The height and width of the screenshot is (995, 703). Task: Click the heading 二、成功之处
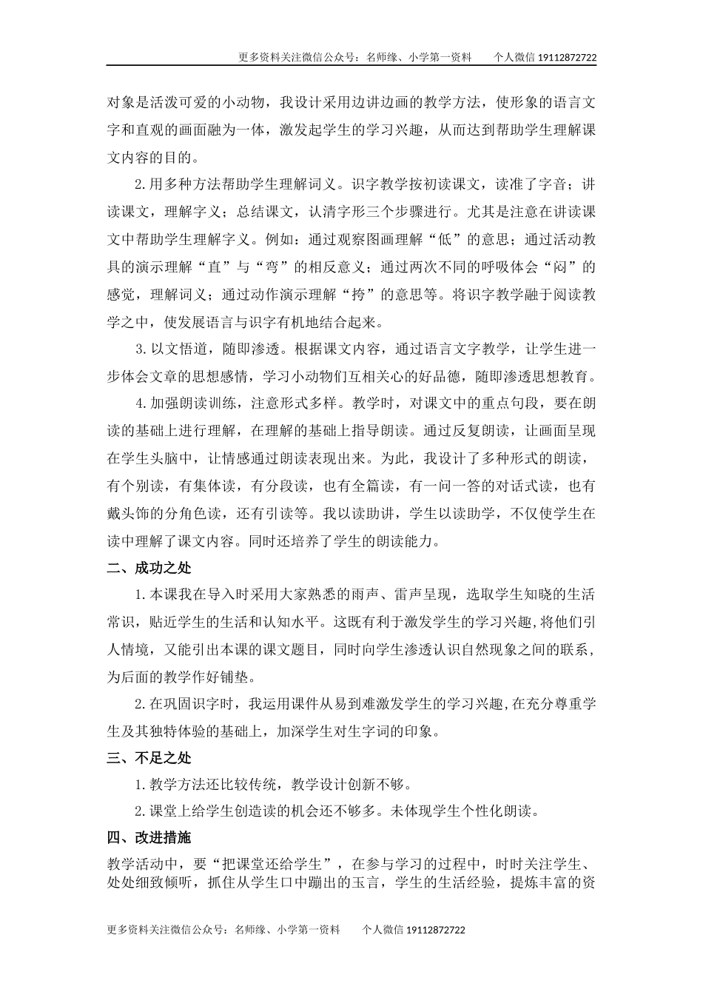pyautogui.click(x=149, y=568)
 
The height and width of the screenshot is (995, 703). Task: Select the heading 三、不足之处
pyautogui.click(x=149, y=757)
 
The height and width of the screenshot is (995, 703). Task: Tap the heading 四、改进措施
pyautogui.click(x=149, y=837)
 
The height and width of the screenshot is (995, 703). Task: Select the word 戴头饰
pyautogui.click(x=127, y=513)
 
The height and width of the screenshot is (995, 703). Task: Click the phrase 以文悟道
pyautogui.click(x=176, y=349)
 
